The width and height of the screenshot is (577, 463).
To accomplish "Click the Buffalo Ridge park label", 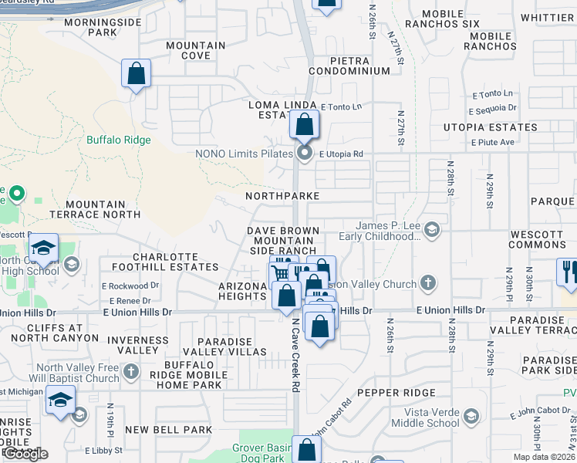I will [x=118, y=140].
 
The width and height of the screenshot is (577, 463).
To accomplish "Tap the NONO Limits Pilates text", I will [x=247, y=154].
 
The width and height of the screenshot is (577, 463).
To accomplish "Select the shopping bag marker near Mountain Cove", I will [x=136, y=75].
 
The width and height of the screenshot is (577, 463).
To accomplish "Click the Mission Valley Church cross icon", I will [x=428, y=284].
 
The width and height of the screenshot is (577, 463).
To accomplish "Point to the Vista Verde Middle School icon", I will [x=470, y=417].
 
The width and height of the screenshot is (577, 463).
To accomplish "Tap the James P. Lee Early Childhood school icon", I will [x=432, y=228].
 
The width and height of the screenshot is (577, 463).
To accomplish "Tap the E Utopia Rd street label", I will [x=341, y=154].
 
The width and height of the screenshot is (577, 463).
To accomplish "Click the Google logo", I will [x=25, y=454].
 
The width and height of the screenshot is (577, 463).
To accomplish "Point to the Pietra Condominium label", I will [x=349, y=66].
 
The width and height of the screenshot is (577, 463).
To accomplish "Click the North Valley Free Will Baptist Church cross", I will [x=131, y=372].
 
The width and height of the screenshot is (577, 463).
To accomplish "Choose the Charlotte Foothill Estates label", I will [x=176, y=262].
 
